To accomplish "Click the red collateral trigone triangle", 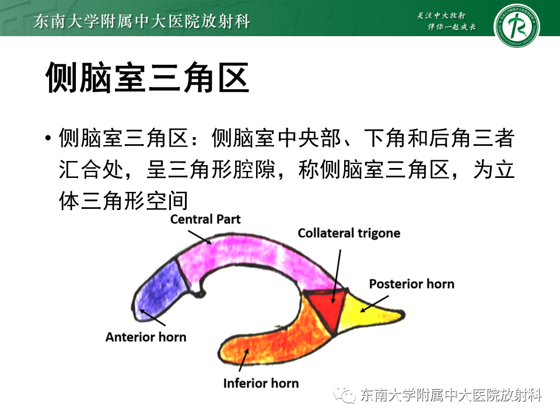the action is (x=327, y=307).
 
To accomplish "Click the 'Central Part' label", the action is (x=205, y=219).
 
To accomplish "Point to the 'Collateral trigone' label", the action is (x=349, y=233).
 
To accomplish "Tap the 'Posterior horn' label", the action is (x=412, y=284).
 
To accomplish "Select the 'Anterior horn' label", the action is (x=146, y=337).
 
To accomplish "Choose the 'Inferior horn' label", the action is (x=261, y=383).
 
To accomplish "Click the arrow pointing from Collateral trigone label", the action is (x=337, y=276).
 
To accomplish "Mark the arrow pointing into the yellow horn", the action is (x=374, y=304).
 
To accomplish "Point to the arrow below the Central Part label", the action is (x=200, y=237).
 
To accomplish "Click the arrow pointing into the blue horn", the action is (x=152, y=317).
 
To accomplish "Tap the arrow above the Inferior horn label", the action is (x=244, y=360).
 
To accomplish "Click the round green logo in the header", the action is (x=517, y=26).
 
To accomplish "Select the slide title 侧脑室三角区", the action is (x=147, y=78).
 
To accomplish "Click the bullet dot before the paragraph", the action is (x=48, y=138).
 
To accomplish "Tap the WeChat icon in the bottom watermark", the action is (x=344, y=394).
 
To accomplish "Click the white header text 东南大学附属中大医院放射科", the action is (x=142, y=21).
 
